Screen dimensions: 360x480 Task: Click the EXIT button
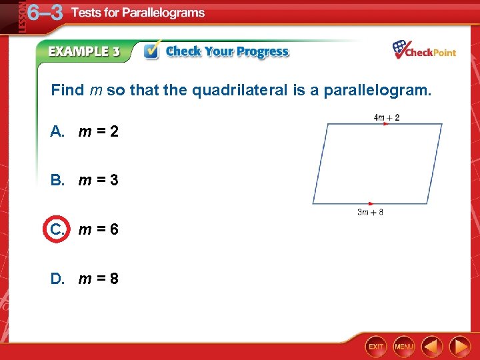tap(376, 346)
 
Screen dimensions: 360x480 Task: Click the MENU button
tap(403, 346)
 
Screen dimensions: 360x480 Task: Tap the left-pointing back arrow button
tap(433, 346)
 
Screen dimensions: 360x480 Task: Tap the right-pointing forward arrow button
tap(459, 346)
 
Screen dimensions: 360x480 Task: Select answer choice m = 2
tap(98, 131)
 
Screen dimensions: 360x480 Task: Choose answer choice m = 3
tap(98, 180)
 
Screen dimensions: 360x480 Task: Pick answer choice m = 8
tap(98, 278)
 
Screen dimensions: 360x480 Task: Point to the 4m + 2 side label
tap(387, 118)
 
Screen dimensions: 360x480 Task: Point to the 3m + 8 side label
tap(370, 213)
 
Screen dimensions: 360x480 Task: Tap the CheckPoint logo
tap(424, 50)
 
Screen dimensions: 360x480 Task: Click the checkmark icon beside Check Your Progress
tap(153, 51)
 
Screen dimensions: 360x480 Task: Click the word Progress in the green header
tap(262, 51)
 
